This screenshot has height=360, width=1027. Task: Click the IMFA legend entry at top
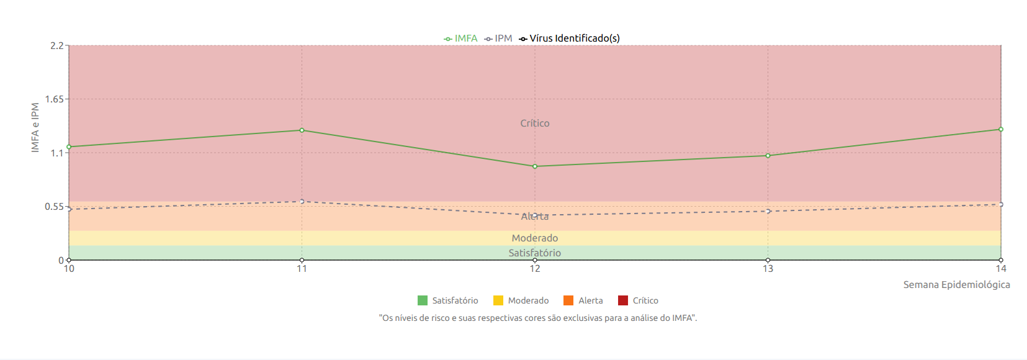pyautogui.click(x=460, y=38)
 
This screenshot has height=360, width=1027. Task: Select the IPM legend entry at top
pyautogui.click(x=498, y=38)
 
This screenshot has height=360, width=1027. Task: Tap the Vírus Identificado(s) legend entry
pyautogui.click(x=569, y=38)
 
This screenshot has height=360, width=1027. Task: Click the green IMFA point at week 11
pyautogui.click(x=302, y=130)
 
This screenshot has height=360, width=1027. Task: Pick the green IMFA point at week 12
pyautogui.click(x=535, y=166)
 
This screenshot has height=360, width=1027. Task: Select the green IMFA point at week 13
pyautogui.click(x=768, y=156)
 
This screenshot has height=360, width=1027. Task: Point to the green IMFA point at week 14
pyautogui.click(x=1001, y=130)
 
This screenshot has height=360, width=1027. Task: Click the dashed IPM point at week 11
pyautogui.click(x=302, y=202)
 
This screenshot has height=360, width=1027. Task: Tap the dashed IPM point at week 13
pyautogui.click(x=768, y=212)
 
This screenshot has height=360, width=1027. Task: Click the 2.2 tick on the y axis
pyautogui.click(x=57, y=46)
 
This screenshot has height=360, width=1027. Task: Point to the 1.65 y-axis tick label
pyautogui.click(x=55, y=99)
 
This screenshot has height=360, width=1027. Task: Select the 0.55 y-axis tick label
pyautogui.click(x=55, y=207)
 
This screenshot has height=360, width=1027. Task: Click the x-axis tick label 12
pyautogui.click(x=535, y=269)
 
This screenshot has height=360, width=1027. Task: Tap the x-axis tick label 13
pyautogui.click(x=768, y=269)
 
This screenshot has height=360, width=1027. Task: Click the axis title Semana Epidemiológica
pyautogui.click(x=956, y=285)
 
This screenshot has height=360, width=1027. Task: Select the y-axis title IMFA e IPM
pyautogui.click(x=35, y=128)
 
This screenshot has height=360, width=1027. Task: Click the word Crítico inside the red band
pyautogui.click(x=535, y=124)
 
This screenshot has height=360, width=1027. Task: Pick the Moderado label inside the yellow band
pyautogui.click(x=535, y=238)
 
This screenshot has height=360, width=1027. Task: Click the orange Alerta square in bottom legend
pyautogui.click(x=568, y=300)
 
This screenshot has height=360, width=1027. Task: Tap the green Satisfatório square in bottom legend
pyautogui.click(x=423, y=300)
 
